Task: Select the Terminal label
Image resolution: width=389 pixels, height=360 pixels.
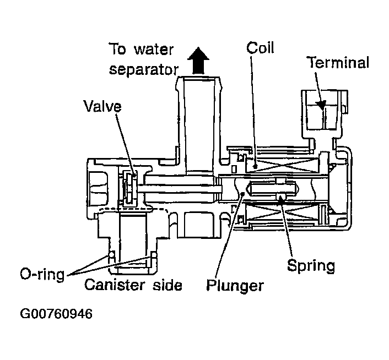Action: tap(337, 62)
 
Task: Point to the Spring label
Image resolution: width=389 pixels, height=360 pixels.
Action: tap(311, 266)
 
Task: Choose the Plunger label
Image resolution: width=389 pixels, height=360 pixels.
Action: tap(235, 286)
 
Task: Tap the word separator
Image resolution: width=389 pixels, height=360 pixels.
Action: tap(142, 70)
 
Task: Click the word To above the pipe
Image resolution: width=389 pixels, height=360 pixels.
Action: tap(120, 48)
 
